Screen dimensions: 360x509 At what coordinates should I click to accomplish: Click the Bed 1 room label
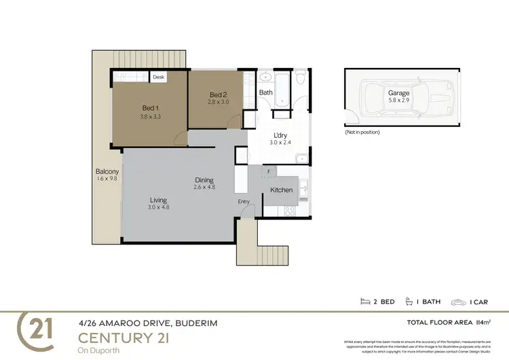pyautogui.click(x=150, y=108)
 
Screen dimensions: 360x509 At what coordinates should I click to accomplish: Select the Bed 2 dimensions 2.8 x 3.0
pyautogui.click(x=217, y=102)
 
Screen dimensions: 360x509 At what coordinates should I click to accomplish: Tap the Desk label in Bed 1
pyautogui.click(x=159, y=77)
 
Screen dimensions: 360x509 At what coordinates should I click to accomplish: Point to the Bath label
pyautogui.click(x=265, y=92)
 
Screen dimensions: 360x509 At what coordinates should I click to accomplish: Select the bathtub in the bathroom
pyautogui.click(x=282, y=90)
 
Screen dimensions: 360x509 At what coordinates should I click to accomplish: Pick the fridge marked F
pyautogui.click(x=269, y=172)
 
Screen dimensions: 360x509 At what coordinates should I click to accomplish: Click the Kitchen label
pyautogui.click(x=282, y=190)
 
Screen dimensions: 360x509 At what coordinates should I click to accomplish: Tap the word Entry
pyautogui.click(x=244, y=202)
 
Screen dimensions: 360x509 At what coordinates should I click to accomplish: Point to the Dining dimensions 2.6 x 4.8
pyautogui.click(x=204, y=187)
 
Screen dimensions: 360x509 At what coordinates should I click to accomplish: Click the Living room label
pyautogui.click(x=159, y=200)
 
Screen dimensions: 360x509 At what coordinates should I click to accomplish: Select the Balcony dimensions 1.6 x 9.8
pyautogui.click(x=107, y=179)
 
